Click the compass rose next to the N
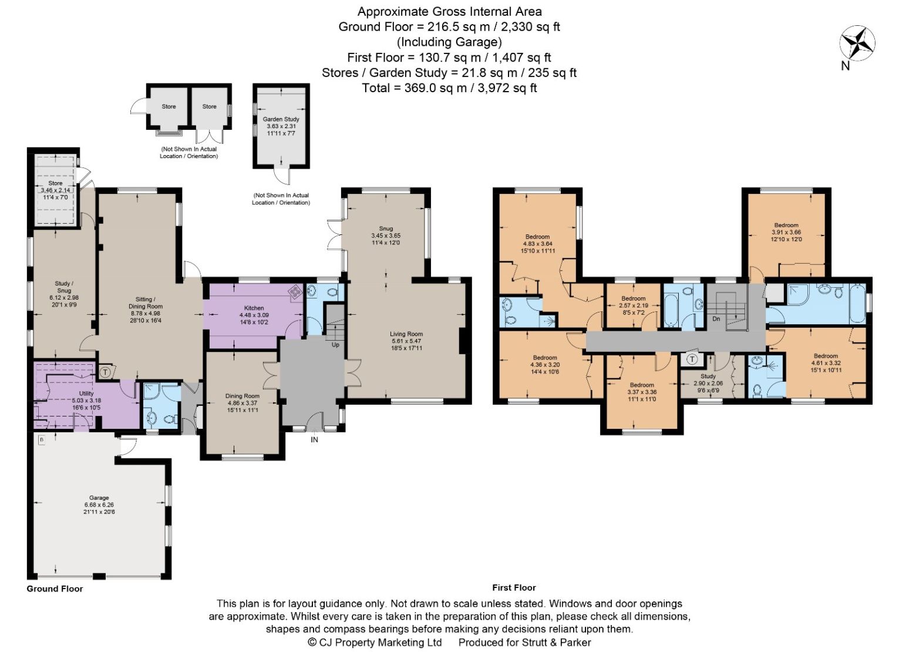pyautogui.click(x=857, y=43)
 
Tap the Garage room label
pyautogui.click(x=99, y=498)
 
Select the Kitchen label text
pyautogui.click(x=254, y=308)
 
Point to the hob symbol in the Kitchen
pyautogui.click(x=296, y=292)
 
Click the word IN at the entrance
pyautogui.click(x=314, y=440)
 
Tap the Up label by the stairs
pyautogui.click(x=335, y=345)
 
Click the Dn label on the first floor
pyautogui.click(x=716, y=319)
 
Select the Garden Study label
pyautogui.click(x=281, y=119)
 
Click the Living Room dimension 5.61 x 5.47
pyautogui.click(x=406, y=341)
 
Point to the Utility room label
pyautogui.click(x=86, y=394)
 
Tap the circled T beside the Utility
pyautogui.click(x=105, y=372)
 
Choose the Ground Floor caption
pyautogui.click(x=55, y=589)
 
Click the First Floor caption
pyautogui.click(x=514, y=588)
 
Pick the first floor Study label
pyautogui.click(x=708, y=377)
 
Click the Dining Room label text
pyautogui.click(x=243, y=396)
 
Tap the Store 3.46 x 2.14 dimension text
pyautogui.click(x=55, y=190)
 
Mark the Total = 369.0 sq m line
pyautogui.click(x=449, y=88)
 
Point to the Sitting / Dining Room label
pyautogui.click(x=145, y=303)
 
